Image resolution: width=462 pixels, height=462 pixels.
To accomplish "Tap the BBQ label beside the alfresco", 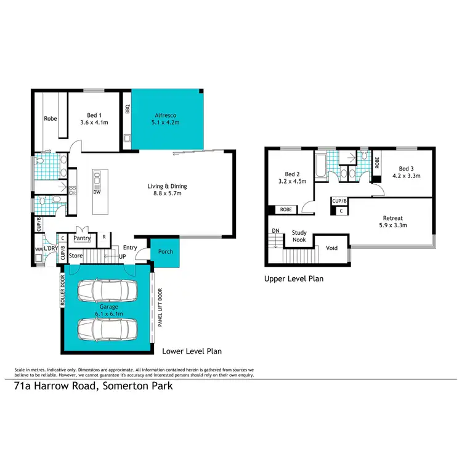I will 128,110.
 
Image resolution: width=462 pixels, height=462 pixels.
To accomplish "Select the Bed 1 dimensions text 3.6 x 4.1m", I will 95,123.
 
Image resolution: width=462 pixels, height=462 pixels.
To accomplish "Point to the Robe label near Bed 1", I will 50,119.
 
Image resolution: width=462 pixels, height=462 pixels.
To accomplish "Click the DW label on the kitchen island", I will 97,192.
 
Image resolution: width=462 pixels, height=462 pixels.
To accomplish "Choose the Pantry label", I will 82,237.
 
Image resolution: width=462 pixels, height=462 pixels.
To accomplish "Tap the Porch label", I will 164,251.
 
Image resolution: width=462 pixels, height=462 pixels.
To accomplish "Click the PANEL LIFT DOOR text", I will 159,317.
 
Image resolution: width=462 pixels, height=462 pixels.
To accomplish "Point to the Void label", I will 331,248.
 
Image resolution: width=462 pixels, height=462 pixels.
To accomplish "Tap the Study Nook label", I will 299,237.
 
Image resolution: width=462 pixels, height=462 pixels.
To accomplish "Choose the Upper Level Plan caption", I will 294,278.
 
